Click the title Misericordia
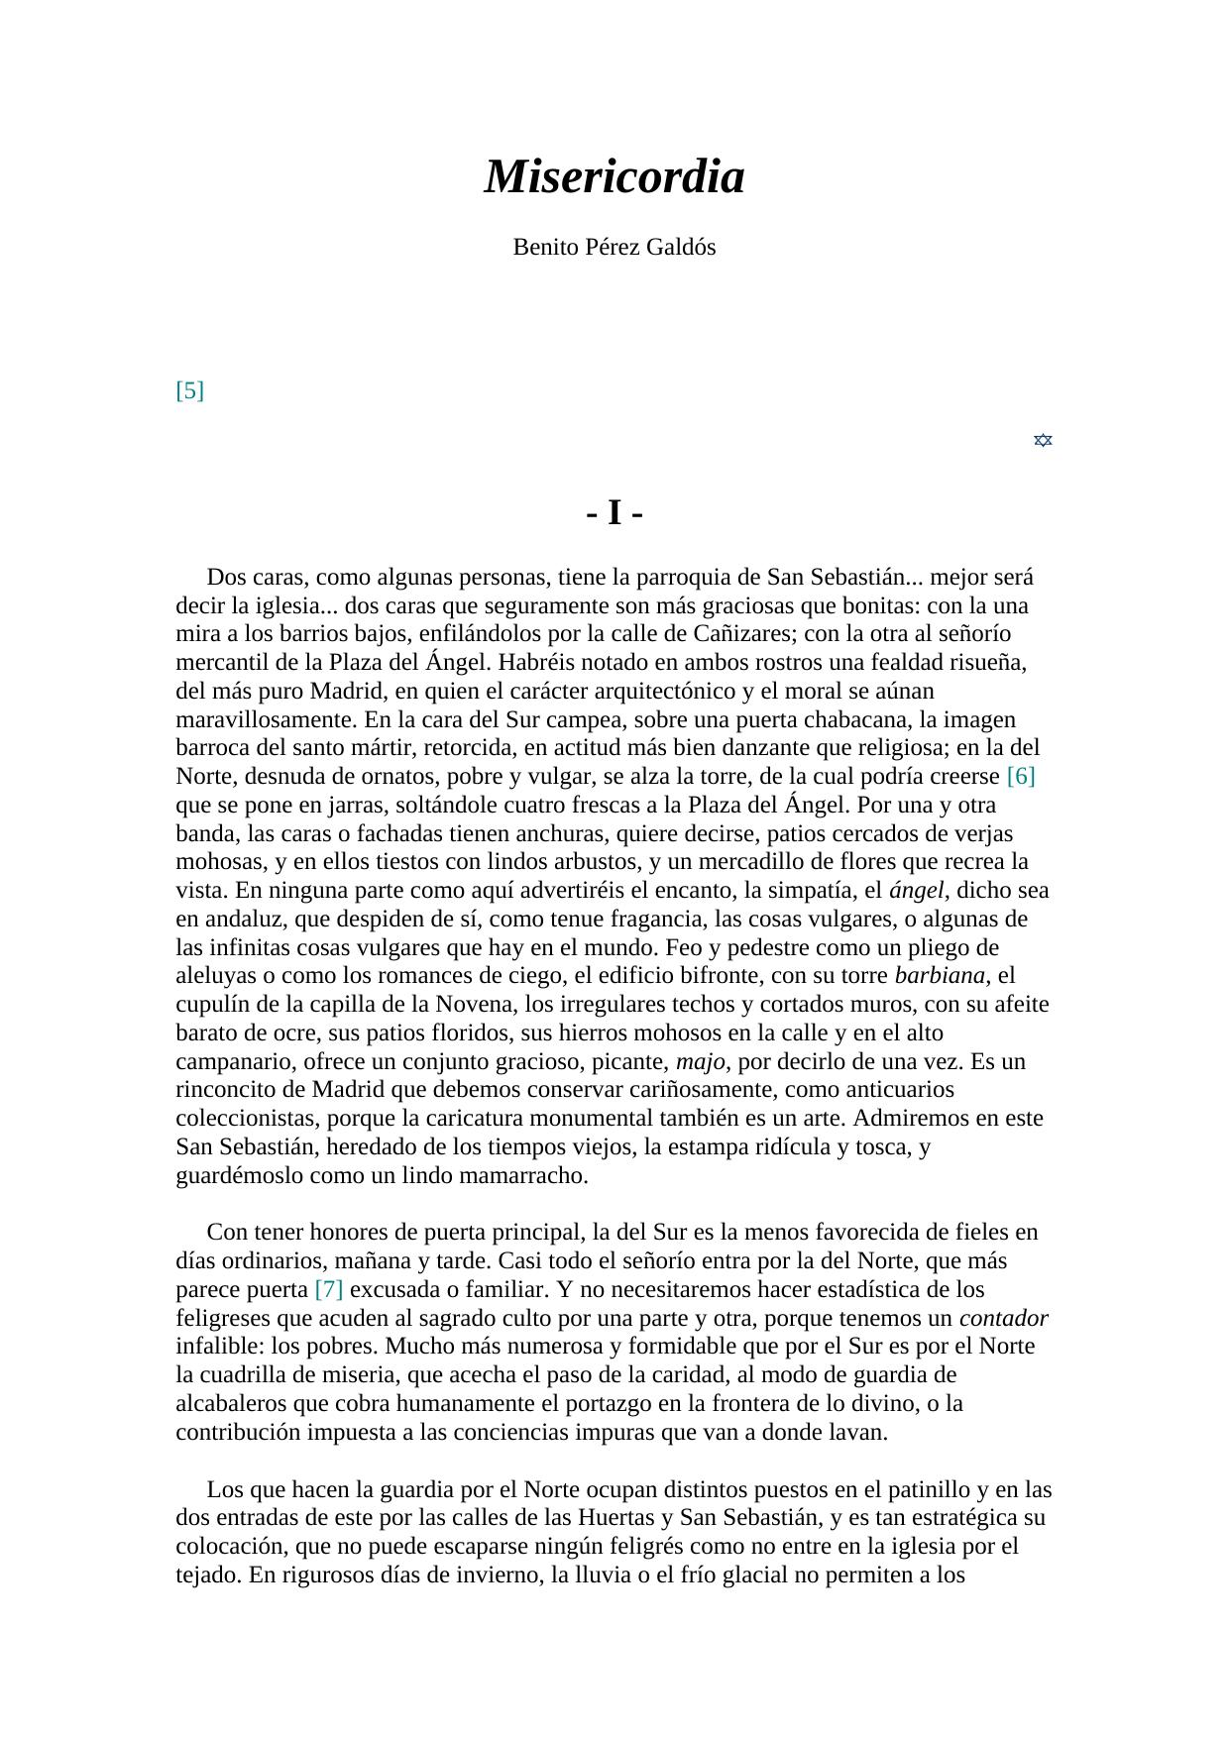[614, 177]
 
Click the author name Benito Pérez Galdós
[614, 248]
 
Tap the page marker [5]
[189, 390]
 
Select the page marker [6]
[1020, 776]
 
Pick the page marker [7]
[329, 1289]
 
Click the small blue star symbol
[1043, 440]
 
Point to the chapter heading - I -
[615, 513]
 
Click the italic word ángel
[916, 890]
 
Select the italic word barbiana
[940, 975]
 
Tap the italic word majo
[701, 1061]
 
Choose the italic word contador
[1003, 1318]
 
